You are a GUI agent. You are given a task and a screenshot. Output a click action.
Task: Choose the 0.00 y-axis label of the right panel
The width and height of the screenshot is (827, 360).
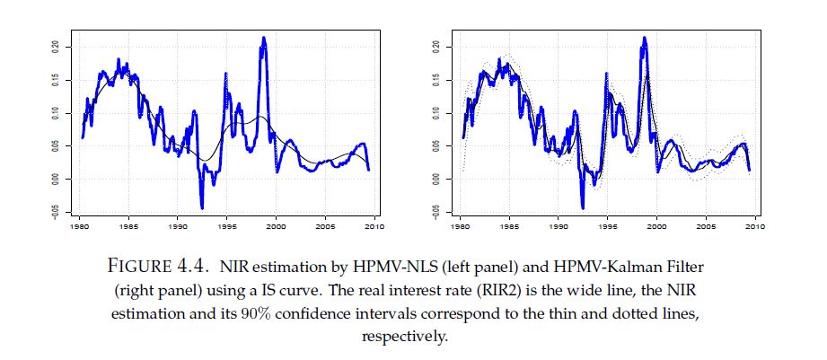[435, 179]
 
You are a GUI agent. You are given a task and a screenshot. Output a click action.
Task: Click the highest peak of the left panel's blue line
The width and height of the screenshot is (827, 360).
[264, 38]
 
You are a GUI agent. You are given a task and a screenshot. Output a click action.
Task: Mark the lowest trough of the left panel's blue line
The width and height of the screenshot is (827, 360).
[201, 207]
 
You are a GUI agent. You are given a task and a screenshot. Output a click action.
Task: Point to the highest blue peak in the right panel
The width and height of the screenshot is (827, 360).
[645, 38]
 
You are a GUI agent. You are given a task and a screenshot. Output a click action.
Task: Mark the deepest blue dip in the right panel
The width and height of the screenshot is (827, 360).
[583, 207]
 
